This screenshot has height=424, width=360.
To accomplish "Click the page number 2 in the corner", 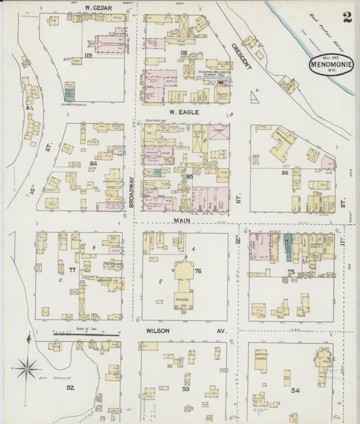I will pyautogui.click(x=346, y=17).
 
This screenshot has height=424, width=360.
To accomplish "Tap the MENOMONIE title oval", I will pyautogui.click(x=332, y=66).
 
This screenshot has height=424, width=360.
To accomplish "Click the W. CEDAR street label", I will pyautogui.click(x=98, y=7).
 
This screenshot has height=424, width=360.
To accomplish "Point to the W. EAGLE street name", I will pyautogui.click(x=183, y=112).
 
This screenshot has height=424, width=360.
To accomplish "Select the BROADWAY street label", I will pyautogui.click(x=132, y=191).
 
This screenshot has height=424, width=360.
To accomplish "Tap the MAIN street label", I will pyautogui.click(x=183, y=220).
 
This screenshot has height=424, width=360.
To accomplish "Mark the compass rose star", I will pyautogui.click(x=27, y=369).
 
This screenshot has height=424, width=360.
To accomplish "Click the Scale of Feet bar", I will pyautogui.click(x=86, y=333).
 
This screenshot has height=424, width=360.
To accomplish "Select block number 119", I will pyautogui.click(x=87, y=53).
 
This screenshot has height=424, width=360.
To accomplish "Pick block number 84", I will pyautogui.click(x=93, y=163).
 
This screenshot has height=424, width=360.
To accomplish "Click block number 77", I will pyautogui.click(x=72, y=269).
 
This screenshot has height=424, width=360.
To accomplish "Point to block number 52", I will pyautogui.click(x=70, y=387).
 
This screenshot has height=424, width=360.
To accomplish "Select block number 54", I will pyautogui.click(x=295, y=390).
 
